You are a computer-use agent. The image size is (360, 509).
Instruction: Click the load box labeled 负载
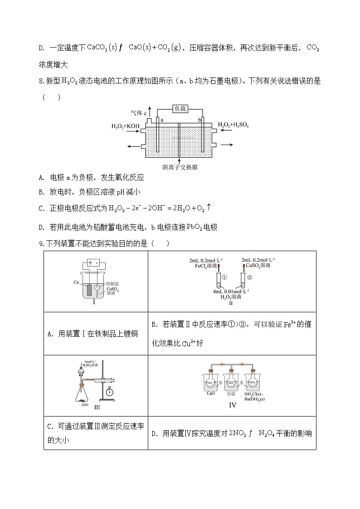(180, 109)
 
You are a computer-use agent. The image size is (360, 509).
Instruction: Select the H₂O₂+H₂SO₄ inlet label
(233, 125)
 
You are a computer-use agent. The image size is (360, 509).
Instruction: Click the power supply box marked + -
(93, 263)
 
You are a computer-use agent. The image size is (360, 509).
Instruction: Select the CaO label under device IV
(210, 393)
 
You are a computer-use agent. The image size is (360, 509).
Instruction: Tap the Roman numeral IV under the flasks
(232, 405)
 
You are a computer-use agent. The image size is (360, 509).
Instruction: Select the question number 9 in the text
(41, 244)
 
